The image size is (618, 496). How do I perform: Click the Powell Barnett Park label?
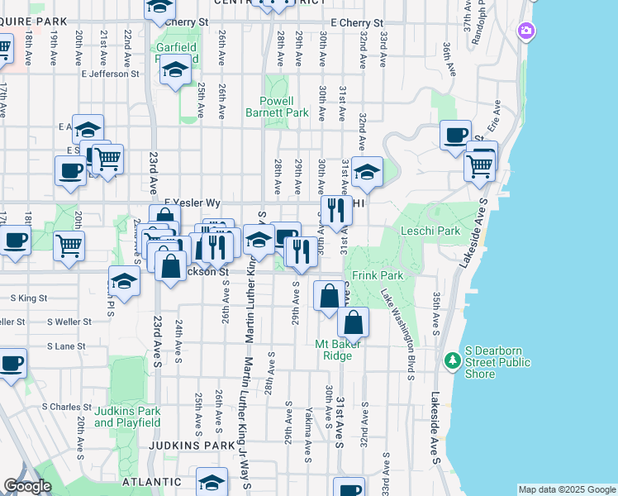[277, 107]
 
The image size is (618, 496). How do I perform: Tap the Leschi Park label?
[430, 231]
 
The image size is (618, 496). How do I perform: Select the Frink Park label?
[376, 274]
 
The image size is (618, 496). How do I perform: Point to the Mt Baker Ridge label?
[345, 350]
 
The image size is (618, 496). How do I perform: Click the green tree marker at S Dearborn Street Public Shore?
[453, 360]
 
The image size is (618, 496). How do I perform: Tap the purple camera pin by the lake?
[526, 31]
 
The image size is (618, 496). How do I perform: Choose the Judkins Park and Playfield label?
[126, 417]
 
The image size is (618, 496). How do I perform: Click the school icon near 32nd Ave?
[366, 172]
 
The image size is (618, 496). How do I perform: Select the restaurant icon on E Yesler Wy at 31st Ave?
[335, 210]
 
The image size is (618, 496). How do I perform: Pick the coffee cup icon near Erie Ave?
[454, 135]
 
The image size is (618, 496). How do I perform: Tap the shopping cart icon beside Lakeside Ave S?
[481, 165]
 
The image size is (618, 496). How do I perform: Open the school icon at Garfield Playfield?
[176, 72]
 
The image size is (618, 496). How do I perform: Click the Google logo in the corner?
[27, 486]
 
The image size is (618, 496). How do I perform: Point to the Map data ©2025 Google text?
[566, 489]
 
